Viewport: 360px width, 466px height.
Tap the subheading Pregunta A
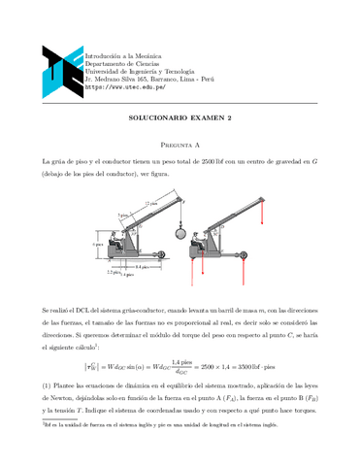click(x=180, y=141)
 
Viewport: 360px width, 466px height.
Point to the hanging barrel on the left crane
click(x=179, y=233)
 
